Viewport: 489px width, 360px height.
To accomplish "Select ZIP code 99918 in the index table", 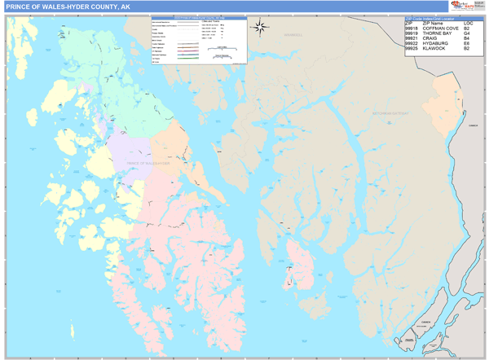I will (x=413, y=27).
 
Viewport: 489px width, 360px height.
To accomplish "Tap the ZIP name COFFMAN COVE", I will (x=441, y=27).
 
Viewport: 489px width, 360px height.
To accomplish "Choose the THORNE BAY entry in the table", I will (x=438, y=33).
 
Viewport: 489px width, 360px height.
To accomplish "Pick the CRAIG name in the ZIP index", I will (x=430, y=37).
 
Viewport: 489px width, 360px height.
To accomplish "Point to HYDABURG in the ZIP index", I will (x=436, y=43).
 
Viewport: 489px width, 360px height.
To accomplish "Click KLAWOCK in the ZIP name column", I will (x=436, y=49).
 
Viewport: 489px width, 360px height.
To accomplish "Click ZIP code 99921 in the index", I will (x=413, y=37).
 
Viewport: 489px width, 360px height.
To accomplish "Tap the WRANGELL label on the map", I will (x=293, y=36).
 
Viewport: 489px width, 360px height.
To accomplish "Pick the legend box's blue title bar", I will (x=197, y=17).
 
